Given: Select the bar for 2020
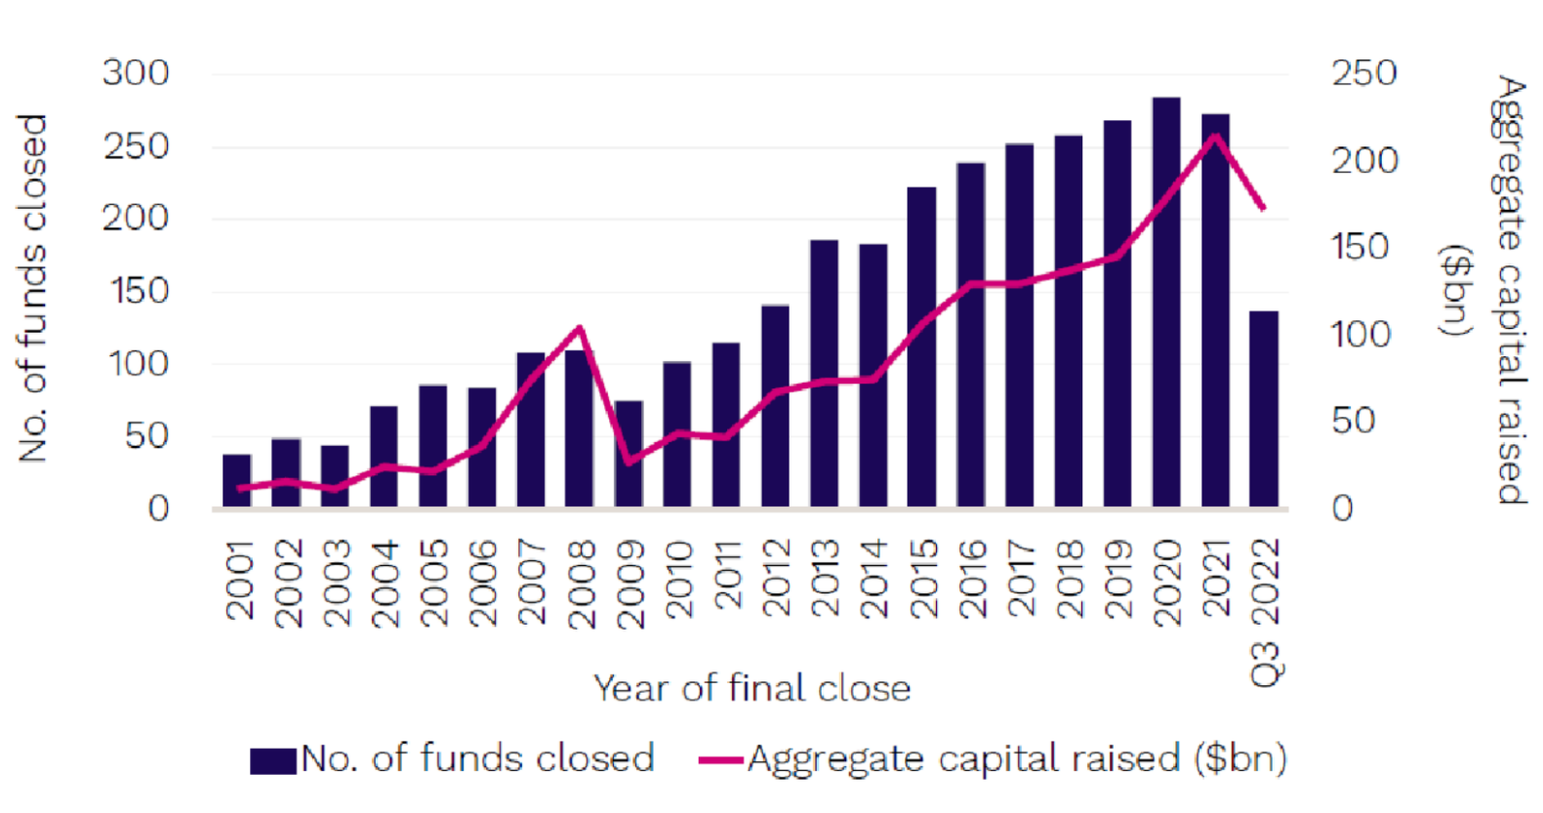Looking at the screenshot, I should (1166, 303).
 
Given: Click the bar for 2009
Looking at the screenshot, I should (629, 454).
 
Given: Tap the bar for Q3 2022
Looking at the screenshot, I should (1264, 409).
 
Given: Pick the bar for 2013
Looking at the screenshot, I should (824, 373).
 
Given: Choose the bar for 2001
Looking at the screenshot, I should (237, 480).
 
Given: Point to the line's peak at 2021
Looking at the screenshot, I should (1215, 136).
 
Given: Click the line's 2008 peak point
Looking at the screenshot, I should (580, 328).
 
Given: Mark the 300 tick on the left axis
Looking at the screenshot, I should (136, 73).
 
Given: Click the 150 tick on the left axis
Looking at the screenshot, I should (136, 291).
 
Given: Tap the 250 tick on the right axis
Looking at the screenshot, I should (1364, 73).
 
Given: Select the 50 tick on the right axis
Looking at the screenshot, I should (1354, 421).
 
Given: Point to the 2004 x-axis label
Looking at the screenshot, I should (386, 583).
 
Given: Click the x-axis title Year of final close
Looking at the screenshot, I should (751, 688).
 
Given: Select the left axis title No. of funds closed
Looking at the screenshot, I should (33, 288).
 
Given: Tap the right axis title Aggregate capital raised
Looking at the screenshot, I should (1508, 290).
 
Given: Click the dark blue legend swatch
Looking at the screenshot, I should (273, 760).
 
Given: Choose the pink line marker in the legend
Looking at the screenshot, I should (721, 760).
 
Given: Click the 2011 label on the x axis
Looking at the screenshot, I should (727, 576).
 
